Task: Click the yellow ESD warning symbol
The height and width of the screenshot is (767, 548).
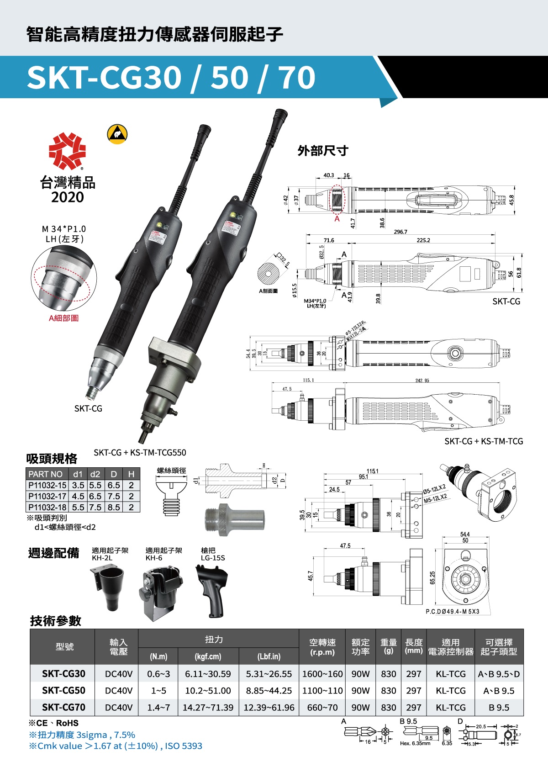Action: click(117, 134)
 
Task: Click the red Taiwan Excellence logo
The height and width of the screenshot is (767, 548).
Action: click(67, 151)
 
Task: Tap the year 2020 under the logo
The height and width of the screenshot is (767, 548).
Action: click(67, 197)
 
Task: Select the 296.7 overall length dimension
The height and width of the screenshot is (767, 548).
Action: click(400, 232)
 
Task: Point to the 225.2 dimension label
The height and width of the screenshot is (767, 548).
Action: click(423, 240)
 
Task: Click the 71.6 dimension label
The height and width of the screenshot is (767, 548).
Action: click(328, 240)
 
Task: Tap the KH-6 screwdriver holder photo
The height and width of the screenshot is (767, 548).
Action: click(160, 592)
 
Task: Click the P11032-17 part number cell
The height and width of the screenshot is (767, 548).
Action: click(47, 496)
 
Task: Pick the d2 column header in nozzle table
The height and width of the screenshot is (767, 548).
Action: click(95, 474)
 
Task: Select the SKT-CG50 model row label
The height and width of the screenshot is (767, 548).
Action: click(63, 691)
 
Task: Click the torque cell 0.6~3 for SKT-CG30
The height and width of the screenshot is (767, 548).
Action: click(158, 674)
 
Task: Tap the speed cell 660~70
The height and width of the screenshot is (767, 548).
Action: click(322, 708)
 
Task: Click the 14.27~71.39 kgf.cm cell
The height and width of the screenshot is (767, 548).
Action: click(208, 708)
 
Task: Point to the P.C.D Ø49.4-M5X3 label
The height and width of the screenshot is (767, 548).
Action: click(452, 612)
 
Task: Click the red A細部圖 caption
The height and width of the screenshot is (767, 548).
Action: click(63, 318)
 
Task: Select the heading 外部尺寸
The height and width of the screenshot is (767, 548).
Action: click(323, 151)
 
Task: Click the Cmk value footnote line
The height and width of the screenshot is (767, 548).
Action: click(115, 746)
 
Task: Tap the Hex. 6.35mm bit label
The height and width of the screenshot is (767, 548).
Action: click(415, 743)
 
